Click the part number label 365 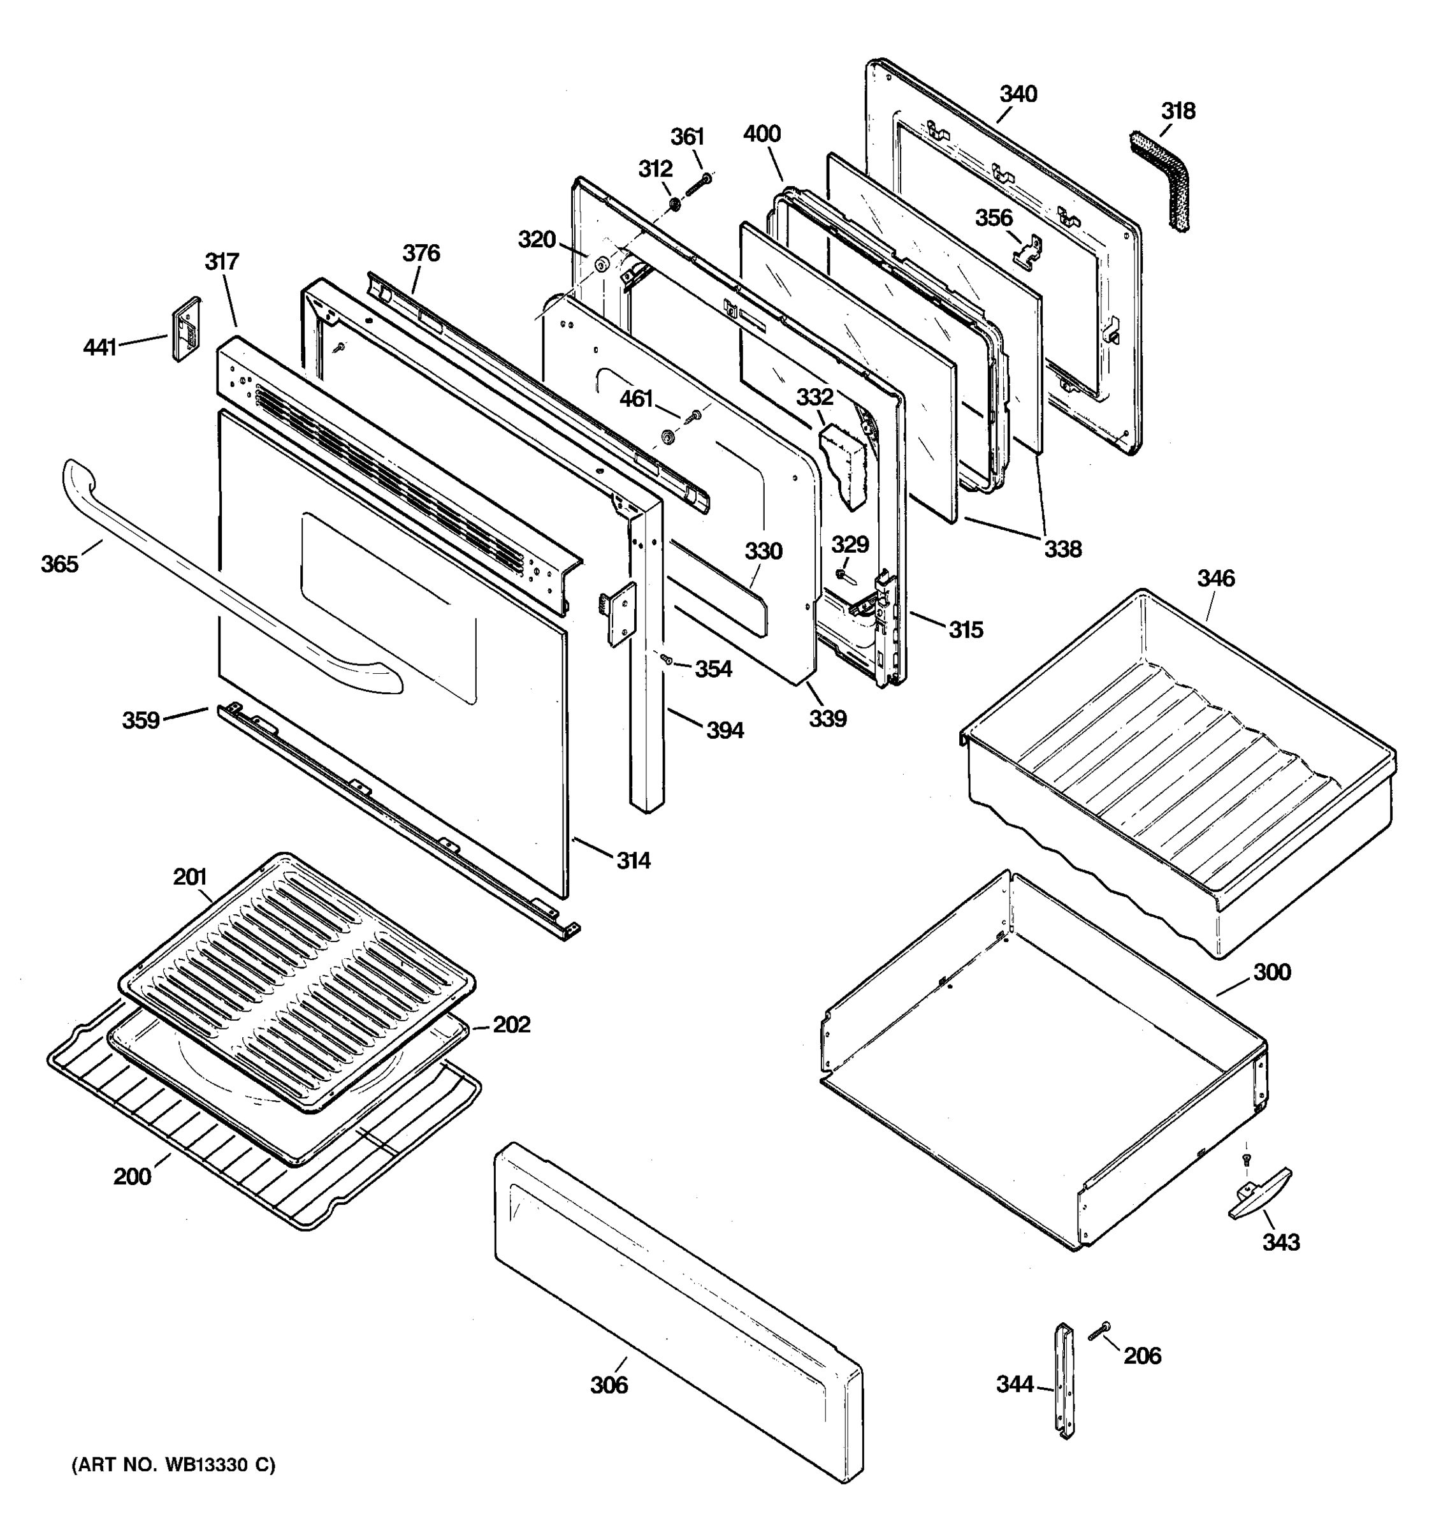[x=59, y=564]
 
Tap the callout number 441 [x=99, y=348]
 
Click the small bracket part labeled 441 [x=185, y=330]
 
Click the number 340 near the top [x=1018, y=94]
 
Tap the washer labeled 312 [x=673, y=205]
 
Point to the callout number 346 [x=1215, y=578]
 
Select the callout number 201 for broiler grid [x=190, y=877]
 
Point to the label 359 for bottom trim [x=141, y=720]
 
